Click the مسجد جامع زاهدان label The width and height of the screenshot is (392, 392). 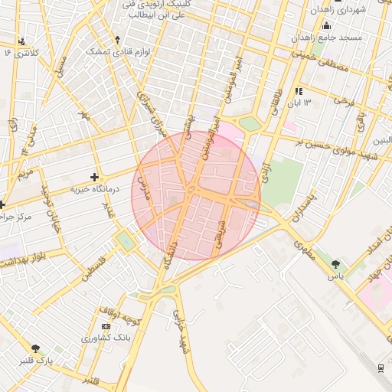point(326,37)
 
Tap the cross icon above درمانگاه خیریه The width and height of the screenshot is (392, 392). point(94,177)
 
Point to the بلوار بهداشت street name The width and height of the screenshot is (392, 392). point(28,261)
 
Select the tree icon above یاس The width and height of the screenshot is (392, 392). point(336,264)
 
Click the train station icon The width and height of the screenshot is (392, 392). point(381,367)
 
